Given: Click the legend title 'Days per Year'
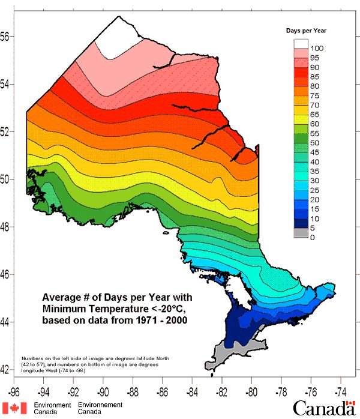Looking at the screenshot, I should [309, 30].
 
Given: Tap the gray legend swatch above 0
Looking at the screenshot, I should [301, 232].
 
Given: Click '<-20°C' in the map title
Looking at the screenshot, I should [158, 309].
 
